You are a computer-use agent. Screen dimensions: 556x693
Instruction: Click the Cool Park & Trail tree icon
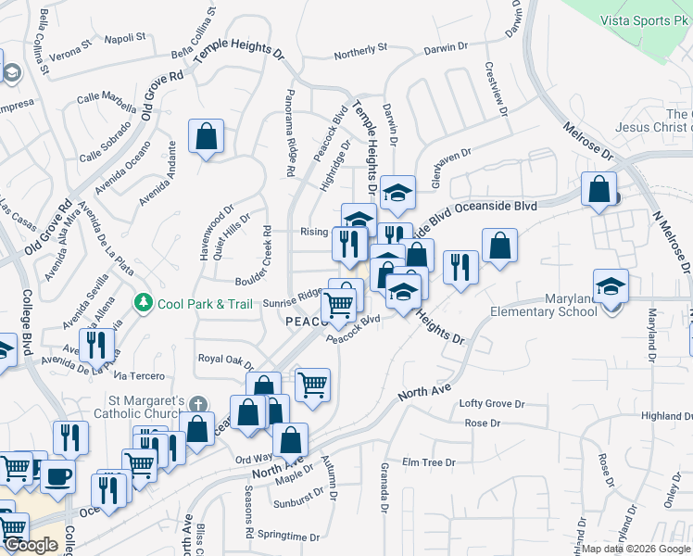point(143,302)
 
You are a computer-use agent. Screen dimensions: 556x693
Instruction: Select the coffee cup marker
point(58,475)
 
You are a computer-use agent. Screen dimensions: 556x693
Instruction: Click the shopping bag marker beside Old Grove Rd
point(206,136)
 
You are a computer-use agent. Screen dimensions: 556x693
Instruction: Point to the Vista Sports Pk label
point(646,19)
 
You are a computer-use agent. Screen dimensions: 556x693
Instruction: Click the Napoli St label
point(125,38)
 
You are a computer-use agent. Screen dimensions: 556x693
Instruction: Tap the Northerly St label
point(359,50)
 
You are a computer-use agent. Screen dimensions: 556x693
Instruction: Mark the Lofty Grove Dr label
point(491,404)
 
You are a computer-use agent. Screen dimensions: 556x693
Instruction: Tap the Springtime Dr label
point(288,537)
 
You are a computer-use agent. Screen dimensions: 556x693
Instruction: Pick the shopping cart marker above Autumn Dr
point(312,384)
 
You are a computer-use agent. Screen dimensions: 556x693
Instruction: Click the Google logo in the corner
point(31,545)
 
